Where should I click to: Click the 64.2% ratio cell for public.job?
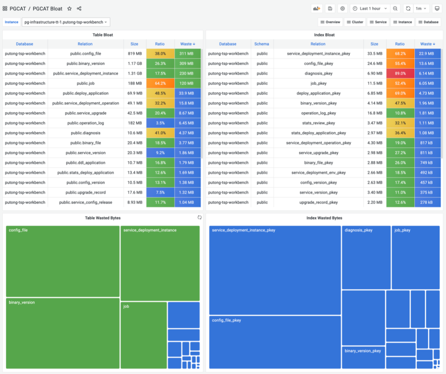(160, 83)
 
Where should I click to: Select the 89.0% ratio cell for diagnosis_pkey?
(400, 74)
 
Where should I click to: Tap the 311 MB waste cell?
(187, 54)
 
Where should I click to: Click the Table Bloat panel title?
(102, 35)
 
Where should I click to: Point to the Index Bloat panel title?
(324, 35)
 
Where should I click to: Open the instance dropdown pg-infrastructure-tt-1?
(66, 22)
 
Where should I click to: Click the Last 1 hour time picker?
(370, 9)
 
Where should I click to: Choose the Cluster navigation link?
(355, 22)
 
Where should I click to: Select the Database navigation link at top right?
(428, 22)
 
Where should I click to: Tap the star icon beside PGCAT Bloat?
(69, 9)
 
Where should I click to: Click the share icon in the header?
(79, 9)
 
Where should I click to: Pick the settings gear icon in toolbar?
(342, 9)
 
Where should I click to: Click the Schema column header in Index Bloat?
(261, 44)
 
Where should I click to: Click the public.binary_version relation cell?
(85, 64)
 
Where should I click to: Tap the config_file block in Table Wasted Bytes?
(63, 261)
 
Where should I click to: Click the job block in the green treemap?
(144, 335)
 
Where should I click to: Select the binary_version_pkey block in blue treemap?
(363, 357)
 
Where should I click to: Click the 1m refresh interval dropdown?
(421, 9)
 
